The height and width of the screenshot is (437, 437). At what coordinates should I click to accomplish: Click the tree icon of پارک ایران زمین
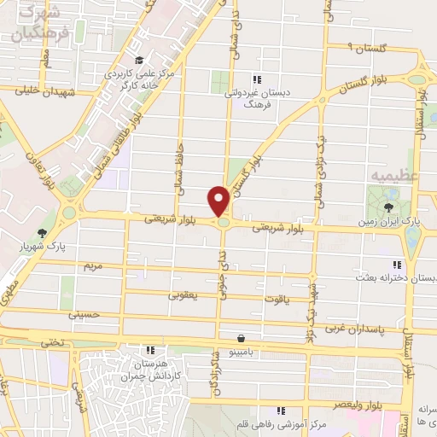[389, 207]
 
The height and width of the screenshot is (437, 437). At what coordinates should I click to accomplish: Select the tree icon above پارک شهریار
[42, 232]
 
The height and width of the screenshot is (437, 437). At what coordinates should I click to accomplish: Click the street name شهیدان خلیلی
[52, 91]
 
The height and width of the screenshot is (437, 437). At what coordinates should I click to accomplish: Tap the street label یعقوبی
[184, 295]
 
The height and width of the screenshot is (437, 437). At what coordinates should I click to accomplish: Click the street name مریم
[92, 267]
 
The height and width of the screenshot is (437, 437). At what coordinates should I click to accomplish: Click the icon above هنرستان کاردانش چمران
[150, 350]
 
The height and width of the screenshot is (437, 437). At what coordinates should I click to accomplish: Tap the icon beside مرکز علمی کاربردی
[139, 60]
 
